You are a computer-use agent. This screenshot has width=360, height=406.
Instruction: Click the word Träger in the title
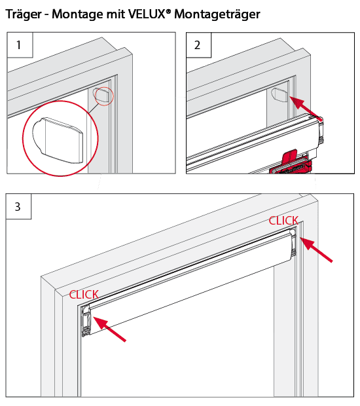(24, 14)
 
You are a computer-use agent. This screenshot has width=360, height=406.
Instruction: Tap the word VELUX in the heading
(147, 14)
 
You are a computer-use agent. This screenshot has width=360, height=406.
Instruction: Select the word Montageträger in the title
(217, 14)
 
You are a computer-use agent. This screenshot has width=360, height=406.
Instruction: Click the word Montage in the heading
(77, 14)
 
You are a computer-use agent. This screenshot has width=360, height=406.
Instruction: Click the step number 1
(18, 45)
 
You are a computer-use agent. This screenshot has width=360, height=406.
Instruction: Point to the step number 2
(197, 45)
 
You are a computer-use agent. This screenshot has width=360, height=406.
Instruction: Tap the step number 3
(18, 207)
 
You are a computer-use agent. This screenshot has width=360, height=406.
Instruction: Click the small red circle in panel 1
(104, 96)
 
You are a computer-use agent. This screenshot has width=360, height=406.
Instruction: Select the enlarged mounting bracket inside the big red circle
(58, 140)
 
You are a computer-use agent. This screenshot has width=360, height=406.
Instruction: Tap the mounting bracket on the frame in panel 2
(279, 94)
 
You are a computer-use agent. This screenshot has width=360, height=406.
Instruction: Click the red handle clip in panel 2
(291, 162)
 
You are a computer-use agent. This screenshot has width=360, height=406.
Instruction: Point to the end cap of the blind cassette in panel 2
(320, 132)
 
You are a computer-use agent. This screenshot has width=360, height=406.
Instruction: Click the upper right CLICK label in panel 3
(283, 221)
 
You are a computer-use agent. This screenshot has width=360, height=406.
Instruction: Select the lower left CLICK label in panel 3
(84, 295)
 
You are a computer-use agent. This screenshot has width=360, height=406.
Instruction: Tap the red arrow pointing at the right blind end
(316, 250)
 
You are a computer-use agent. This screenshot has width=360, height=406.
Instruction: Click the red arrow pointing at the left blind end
(109, 329)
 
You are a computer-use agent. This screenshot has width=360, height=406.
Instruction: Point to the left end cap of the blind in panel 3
(86, 321)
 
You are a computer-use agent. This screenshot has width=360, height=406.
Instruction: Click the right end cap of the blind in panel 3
(293, 243)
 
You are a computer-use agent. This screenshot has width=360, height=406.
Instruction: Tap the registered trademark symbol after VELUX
(168, 11)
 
